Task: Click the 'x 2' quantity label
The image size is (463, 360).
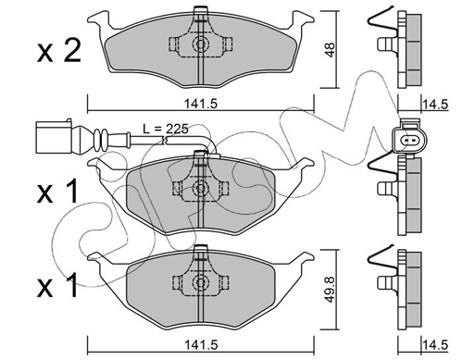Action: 59,51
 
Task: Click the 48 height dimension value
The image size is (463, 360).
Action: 330,50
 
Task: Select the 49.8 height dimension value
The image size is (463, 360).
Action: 330,289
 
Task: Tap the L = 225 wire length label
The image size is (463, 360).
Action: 166,129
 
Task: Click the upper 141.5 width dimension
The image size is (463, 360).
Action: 201,104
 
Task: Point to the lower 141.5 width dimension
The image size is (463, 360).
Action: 201,344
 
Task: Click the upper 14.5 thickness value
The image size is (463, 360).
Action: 435,105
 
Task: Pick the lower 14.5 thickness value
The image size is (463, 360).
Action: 435,345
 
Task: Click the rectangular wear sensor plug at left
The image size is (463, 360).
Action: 54,137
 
